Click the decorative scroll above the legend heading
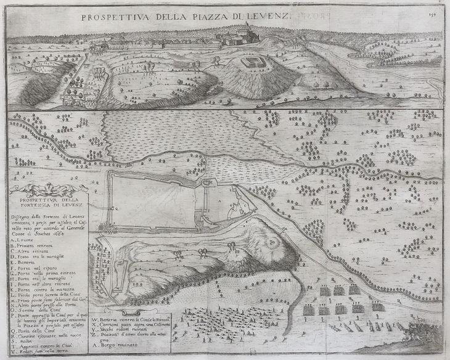46,189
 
